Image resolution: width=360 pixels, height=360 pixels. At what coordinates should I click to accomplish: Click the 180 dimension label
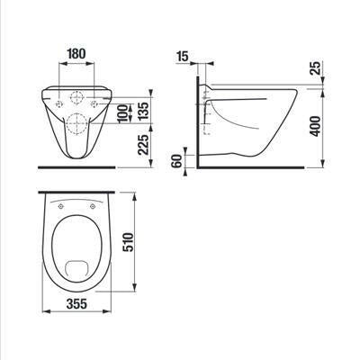[76, 54]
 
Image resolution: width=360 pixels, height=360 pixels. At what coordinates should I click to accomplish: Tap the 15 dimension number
[182, 56]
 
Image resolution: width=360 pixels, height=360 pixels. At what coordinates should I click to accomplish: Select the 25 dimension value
[316, 68]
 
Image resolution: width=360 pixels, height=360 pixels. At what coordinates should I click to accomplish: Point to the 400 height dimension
[315, 126]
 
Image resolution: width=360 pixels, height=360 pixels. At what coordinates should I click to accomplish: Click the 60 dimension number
[178, 161]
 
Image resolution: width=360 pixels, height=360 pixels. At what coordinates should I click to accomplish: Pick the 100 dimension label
[122, 113]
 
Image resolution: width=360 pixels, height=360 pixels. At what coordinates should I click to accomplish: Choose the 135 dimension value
[143, 112]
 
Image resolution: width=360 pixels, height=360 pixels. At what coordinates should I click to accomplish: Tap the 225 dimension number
[143, 145]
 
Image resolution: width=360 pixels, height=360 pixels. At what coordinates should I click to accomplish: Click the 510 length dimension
[128, 242]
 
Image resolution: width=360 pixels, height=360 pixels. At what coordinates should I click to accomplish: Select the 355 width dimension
[76, 304]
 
